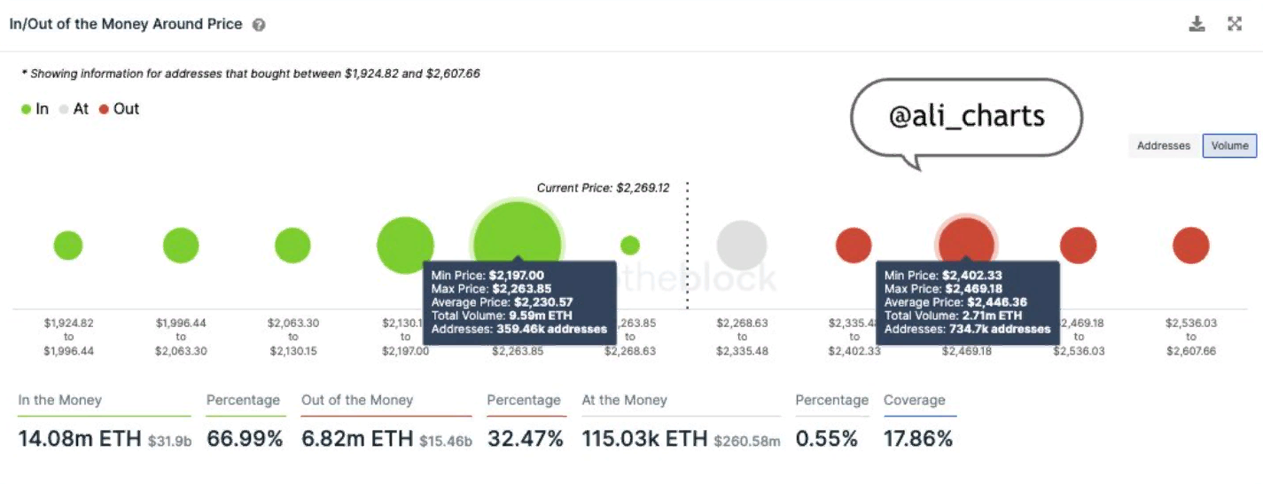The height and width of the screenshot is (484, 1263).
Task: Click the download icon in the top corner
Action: (x=1197, y=24)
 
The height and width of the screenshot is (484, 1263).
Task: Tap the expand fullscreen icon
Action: (x=1235, y=24)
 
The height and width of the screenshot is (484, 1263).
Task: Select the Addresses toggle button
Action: (x=1163, y=145)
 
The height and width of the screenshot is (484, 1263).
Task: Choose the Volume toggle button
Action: (x=1229, y=145)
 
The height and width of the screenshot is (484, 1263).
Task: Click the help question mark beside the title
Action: (x=259, y=26)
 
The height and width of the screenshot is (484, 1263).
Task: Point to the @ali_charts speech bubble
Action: (x=966, y=117)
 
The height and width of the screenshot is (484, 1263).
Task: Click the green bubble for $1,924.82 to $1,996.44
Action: (x=68, y=246)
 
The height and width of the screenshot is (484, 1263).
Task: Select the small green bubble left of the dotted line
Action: (x=629, y=246)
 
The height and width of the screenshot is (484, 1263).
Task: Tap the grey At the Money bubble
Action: (x=742, y=246)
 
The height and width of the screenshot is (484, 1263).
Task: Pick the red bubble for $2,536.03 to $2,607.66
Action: (x=1190, y=246)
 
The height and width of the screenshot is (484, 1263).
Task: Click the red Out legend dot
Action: (x=104, y=110)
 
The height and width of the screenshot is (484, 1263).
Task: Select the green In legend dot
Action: (x=27, y=110)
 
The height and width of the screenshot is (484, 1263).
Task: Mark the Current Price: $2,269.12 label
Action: (x=603, y=188)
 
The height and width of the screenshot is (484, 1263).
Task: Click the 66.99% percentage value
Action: (x=245, y=438)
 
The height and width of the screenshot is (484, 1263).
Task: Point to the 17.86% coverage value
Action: (x=918, y=438)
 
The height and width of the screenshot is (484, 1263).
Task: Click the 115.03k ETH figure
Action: (x=644, y=438)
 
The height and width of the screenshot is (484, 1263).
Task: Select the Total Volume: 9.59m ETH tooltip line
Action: (x=502, y=315)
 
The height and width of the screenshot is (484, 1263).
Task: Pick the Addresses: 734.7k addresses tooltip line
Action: (x=967, y=329)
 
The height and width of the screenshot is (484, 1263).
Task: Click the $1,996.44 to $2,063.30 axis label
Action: (x=181, y=337)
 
